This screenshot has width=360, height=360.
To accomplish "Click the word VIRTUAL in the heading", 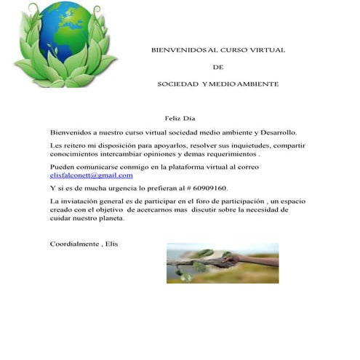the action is point(266,50).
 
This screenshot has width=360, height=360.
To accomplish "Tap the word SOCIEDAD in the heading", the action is point(178,84).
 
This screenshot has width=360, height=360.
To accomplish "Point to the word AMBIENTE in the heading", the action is point(254,84).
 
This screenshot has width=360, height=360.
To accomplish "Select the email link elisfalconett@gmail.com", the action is point(91,175).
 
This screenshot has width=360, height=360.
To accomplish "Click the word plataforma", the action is point(171,167).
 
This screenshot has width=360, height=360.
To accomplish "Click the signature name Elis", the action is point(111,243).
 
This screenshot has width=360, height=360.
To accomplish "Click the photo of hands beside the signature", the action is point(222,263).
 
